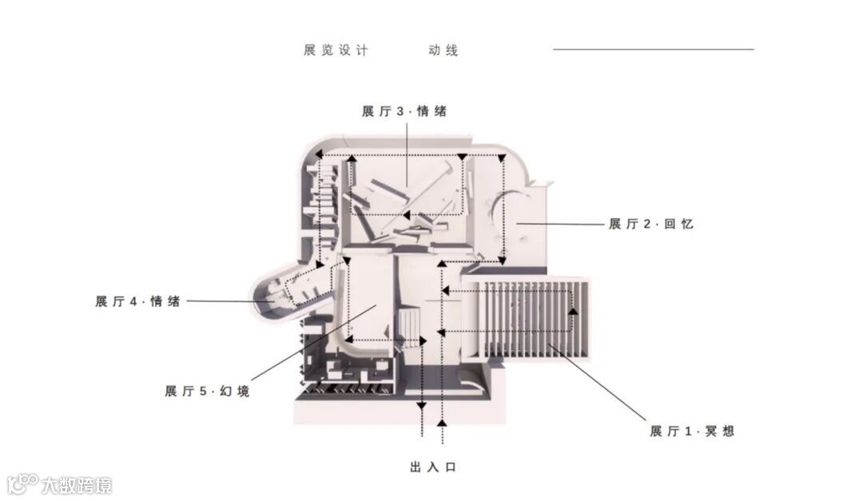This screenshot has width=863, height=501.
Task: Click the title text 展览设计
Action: pos(336,50)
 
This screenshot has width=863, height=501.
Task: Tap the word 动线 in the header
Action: pos(443,50)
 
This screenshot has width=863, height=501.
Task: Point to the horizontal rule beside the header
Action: pos(653,50)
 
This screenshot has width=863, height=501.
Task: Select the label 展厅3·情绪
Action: pos(404,112)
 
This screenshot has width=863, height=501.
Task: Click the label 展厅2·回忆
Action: pos(650,225)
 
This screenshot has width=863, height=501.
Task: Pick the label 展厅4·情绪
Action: pos(137,302)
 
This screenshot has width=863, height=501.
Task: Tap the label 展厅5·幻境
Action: pos(207,392)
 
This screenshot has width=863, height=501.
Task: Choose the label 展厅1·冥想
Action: pos(691,431)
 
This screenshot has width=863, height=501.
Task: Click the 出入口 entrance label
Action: pos(432,467)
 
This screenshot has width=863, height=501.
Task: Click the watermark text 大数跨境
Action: pos(77,485)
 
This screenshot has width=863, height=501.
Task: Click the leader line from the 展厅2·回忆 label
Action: pos(559,225)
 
